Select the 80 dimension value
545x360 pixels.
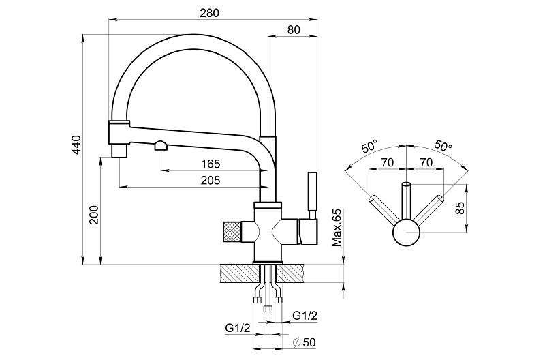point(294,29)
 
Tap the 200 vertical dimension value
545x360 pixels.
point(94,215)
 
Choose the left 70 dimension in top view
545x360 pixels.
point(388,162)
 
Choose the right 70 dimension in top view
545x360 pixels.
point(426,162)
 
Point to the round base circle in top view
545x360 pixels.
point(407,233)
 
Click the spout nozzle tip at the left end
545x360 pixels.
point(119,149)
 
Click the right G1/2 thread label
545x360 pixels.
point(305,315)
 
